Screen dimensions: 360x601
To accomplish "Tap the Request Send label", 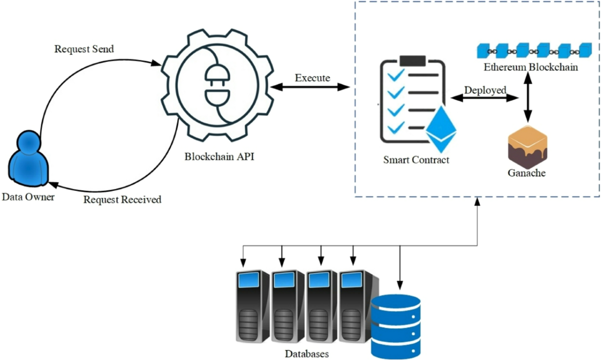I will (x=84, y=49).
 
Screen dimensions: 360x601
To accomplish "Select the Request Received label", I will (x=122, y=200).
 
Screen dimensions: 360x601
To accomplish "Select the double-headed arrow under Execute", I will (x=310, y=88).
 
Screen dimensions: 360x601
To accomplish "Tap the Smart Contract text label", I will (x=416, y=160).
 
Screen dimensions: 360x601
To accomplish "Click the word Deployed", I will (x=485, y=90).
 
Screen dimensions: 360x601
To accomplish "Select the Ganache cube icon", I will (x=526, y=147).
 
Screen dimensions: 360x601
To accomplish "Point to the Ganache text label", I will (x=526, y=174).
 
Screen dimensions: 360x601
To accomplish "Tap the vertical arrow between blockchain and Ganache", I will (x=526, y=98).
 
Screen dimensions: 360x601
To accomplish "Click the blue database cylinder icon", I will (x=396, y=326).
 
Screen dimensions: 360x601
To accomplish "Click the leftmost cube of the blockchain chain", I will (x=484, y=51).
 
